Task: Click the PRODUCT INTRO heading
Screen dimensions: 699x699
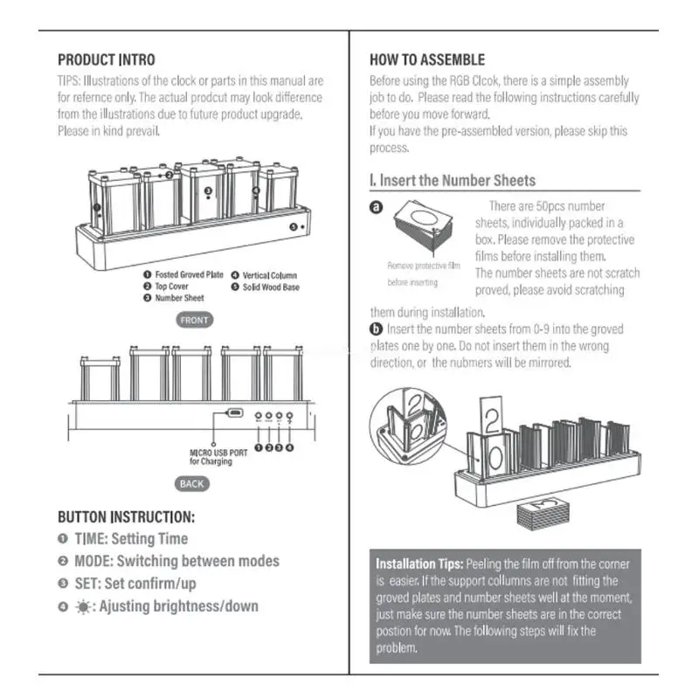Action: pyautogui.click(x=106, y=60)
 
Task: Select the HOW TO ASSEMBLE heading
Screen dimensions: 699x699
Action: pyautogui.click(x=427, y=60)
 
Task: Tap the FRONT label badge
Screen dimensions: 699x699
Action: pyautogui.click(x=194, y=320)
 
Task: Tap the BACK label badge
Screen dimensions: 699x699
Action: pyautogui.click(x=191, y=483)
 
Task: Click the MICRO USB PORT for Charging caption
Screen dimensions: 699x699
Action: pyautogui.click(x=211, y=457)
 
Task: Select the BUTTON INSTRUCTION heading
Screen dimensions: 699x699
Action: pyautogui.click(x=126, y=517)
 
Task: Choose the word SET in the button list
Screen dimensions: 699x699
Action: pyautogui.click(x=86, y=583)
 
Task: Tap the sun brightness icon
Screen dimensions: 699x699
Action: pyautogui.click(x=82, y=606)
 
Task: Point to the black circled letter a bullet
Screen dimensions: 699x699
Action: pyautogui.click(x=377, y=208)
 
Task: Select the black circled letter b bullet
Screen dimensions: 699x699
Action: pyautogui.click(x=377, y=329)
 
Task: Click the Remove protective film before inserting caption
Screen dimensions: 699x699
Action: pyautogui.click(x=424, y=273)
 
